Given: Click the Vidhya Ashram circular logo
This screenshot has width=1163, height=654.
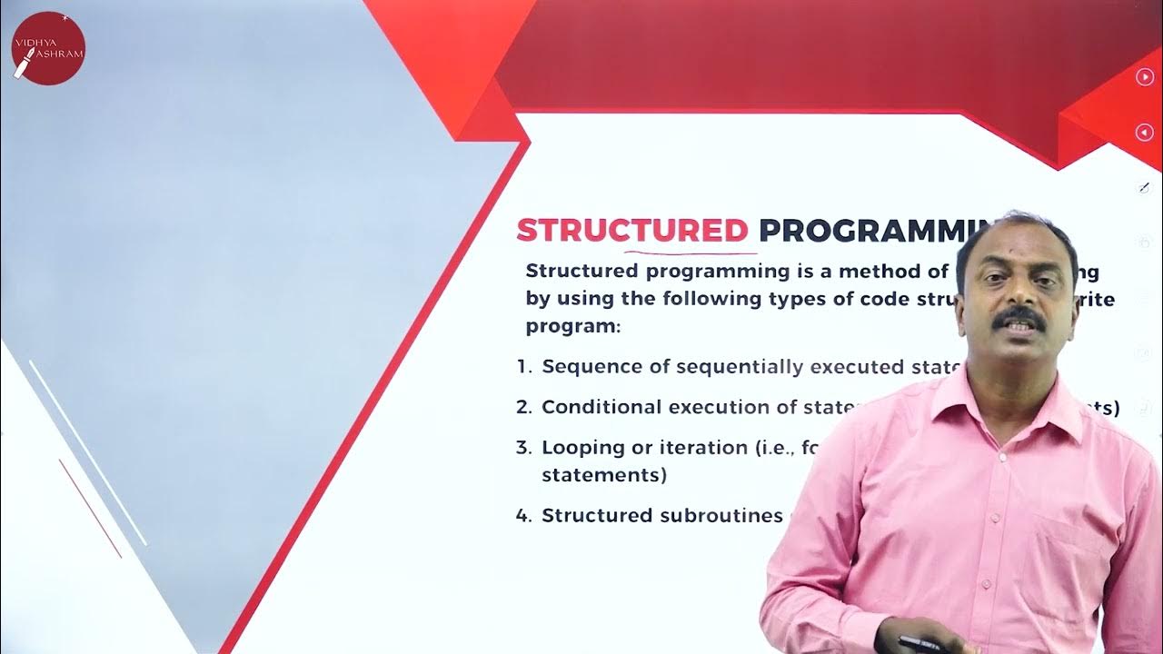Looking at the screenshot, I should (48, 48).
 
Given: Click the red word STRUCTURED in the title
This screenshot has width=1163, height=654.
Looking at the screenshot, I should (632, 231).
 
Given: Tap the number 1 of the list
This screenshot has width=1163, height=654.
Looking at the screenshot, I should (523, 367).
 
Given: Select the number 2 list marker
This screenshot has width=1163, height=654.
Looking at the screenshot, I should (523, 407).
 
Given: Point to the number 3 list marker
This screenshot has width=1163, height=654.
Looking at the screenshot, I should (523, 447).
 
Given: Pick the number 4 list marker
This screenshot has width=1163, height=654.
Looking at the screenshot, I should (523, 515).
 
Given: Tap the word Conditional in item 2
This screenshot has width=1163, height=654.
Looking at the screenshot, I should (601, 407).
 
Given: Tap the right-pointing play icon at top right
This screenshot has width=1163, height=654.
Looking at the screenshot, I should (1145, 77).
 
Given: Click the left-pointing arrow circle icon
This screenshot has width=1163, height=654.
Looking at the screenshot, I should (1145, 133).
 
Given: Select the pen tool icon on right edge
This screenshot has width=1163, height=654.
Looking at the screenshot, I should (1145, 188).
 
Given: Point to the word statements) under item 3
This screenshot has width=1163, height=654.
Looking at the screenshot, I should (604, 474).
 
